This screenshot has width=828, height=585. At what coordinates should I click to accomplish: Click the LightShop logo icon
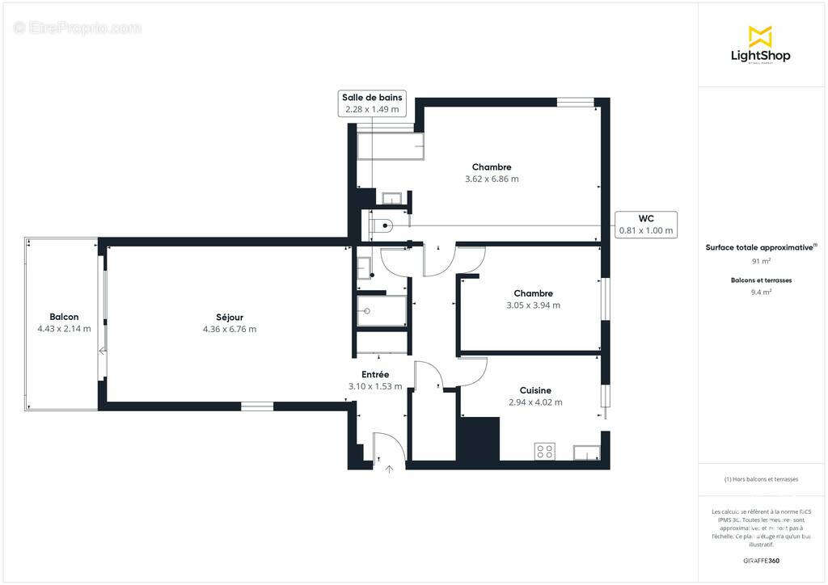pos(760,36)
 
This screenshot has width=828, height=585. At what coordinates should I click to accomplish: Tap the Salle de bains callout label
pos(372,103)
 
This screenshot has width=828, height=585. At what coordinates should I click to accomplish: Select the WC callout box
pos(645,224)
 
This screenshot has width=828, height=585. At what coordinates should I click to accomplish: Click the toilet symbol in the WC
pos(382,225)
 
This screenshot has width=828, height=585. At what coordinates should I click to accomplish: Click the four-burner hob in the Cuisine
pos(545,452)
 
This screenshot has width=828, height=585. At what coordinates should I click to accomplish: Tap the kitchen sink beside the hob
pos(585,452)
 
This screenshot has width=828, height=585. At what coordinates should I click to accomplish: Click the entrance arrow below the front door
pos(389,468)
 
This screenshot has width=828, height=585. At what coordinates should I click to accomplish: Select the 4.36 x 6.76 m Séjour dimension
pos(230,329)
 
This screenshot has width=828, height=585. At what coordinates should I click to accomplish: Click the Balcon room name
pos(64,317)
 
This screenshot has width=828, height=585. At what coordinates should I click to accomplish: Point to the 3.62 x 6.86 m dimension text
pos(492,179)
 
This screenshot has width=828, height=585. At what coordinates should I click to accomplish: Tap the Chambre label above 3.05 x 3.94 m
pos(533,293)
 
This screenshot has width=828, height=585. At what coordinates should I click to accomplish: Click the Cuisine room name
pos(535,390)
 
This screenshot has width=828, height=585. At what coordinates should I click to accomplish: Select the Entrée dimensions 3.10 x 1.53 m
pos(375,386)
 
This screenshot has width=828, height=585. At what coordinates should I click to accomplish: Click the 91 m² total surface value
pos(760,262)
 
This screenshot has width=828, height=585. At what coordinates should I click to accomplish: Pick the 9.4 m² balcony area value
pos(760,292)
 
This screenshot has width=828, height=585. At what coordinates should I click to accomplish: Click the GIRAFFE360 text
pos(760,560)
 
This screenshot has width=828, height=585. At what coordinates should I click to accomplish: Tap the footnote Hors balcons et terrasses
pos(760,479)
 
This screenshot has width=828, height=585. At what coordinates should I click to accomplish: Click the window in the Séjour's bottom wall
pos(257,406)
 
